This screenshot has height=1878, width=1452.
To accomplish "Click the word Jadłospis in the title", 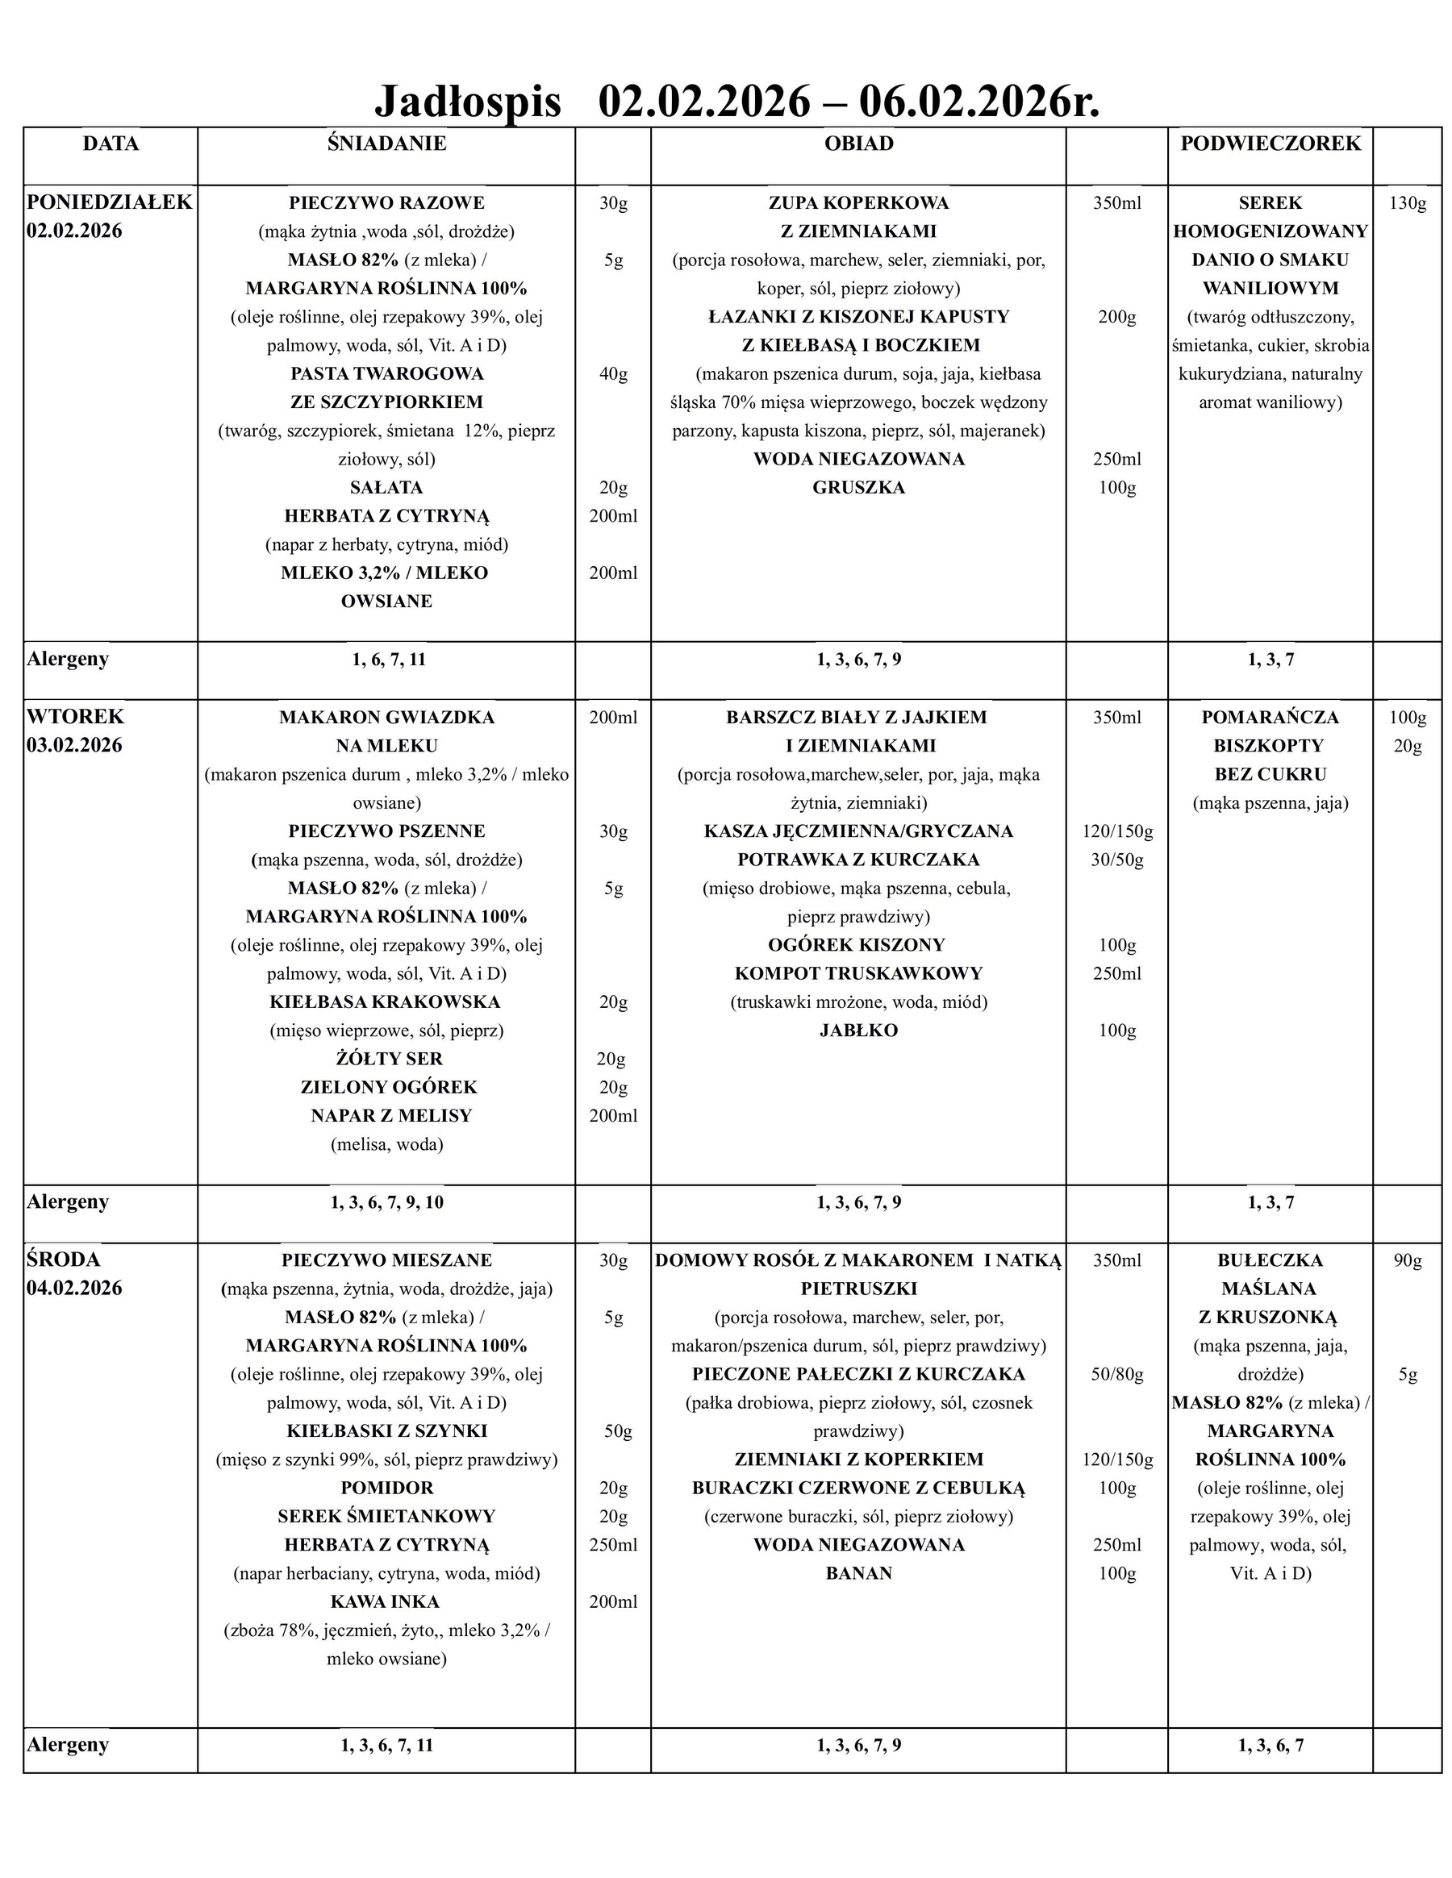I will click(467, 102).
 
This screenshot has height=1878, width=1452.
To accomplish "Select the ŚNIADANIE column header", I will click(386, 144).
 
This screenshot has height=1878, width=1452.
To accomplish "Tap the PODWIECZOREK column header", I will click(1270, 144).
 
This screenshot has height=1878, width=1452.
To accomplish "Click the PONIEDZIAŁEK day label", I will click(109, 203).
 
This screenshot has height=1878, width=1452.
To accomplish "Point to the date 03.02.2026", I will click(74, 746).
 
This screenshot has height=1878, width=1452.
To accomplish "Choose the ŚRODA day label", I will click(64, 1260).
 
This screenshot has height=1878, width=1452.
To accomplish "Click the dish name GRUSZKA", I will click(858, 488).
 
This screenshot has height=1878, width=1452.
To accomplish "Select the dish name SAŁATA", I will click(386, 488).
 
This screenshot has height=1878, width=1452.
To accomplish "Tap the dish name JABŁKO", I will click(858, 1031).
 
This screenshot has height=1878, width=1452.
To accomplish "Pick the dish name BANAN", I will click(858, 1572).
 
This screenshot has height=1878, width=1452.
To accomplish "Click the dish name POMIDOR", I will click(386, 1488).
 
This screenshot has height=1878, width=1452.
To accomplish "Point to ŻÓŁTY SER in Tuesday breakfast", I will click(389, 1059).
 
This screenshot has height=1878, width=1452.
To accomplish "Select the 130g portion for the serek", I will click(1408, 204).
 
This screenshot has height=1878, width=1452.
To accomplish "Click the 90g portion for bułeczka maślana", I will click(1408, 1260).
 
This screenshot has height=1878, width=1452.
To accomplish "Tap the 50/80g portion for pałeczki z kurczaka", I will click(1116, 1374).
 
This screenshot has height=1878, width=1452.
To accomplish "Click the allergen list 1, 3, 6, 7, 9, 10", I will click(386, 1202).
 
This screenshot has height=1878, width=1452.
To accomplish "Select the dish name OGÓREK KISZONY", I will click(857, 945).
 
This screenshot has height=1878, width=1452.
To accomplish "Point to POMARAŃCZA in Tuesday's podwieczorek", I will click(1270, 717).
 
